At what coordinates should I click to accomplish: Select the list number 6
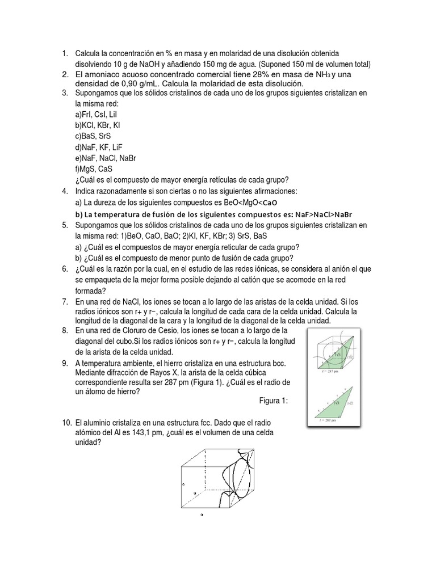tap(64, 268)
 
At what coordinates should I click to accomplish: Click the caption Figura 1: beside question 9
tap(274, 401)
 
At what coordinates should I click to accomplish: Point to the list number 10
tap(65, 423)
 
